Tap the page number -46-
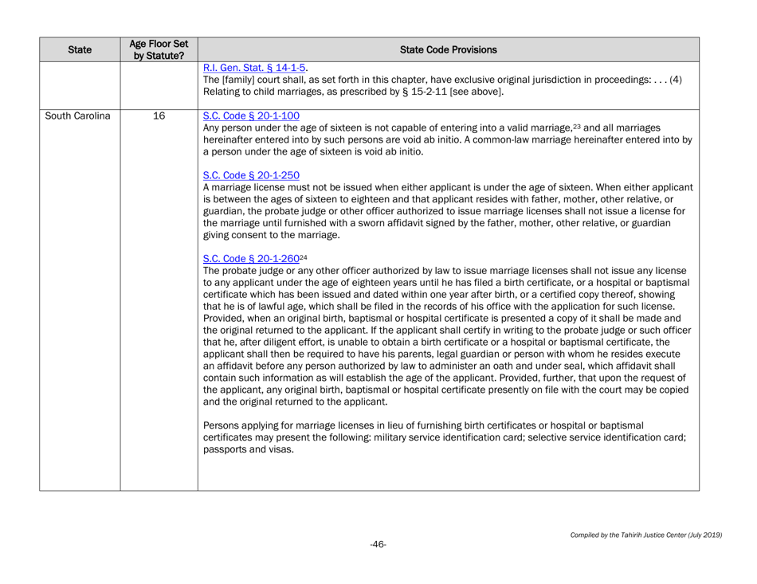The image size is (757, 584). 378,544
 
